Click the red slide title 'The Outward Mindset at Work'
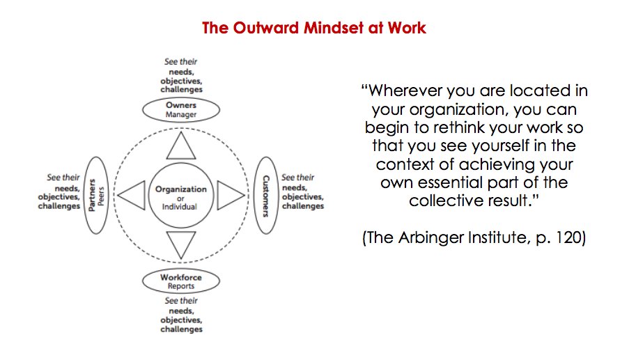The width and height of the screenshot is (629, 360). (314, 29)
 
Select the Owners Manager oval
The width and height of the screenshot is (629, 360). (181, 110)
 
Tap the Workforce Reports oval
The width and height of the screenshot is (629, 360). (181, 281)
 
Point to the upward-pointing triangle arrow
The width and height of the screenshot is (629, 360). (181, 148)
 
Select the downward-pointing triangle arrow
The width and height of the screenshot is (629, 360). (181, 244)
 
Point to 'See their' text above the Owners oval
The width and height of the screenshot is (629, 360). (180, 61)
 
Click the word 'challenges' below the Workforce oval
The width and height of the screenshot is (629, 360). (181, 329)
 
